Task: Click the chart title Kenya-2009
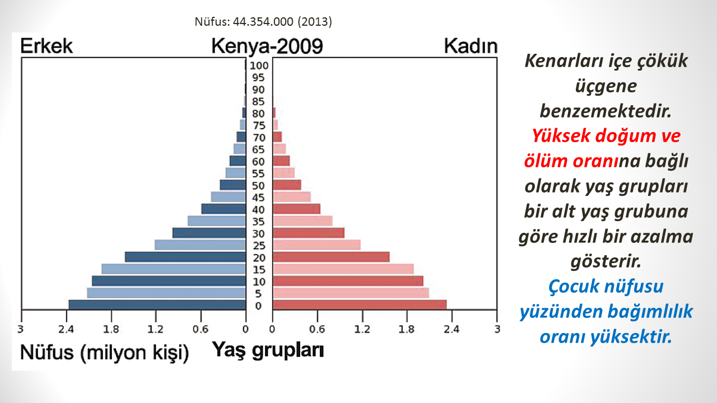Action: point(267,46)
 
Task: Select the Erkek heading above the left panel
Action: point(46,46)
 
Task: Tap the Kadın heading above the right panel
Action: point(471,46)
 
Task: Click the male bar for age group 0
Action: point(157,304)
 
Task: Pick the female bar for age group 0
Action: point(360,304)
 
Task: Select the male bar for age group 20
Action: point(185,257)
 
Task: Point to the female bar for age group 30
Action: point(309,233)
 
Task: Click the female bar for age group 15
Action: point(343,269)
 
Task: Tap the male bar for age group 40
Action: point(224,209)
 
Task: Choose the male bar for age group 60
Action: point(238,161)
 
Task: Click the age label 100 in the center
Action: point(259,65)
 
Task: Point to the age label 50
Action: point(258,186)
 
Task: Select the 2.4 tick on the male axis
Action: point(66,329)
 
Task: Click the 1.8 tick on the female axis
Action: point(407,329)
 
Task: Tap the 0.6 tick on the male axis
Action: point(201,329)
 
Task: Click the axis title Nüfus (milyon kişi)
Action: point(104,353)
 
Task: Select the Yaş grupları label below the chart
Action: point(268,350)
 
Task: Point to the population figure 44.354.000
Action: point(263,22)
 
